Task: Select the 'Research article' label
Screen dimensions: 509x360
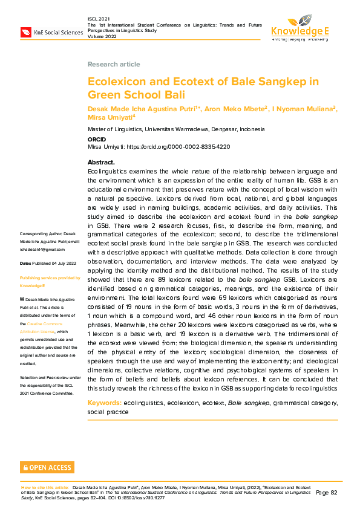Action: pyautogui.click(x=114, y=64)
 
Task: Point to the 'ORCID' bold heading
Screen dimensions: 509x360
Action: pyautogui.click(x=97, y=139)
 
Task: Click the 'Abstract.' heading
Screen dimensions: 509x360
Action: pyautogui.click(x=101, y=163)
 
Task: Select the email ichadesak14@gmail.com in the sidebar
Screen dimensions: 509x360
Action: pyautogui.click(x=42, y=249)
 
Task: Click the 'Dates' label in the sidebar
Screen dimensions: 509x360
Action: pyautogui.click(x=25, y=264)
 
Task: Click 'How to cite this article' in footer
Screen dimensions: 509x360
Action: pyautogui.click(x=45, y=487)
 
